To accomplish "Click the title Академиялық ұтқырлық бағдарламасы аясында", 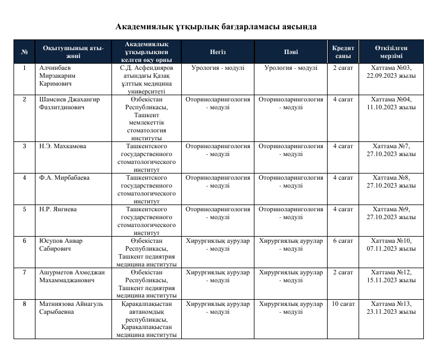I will tap(216, 26).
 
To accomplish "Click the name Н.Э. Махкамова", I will tap(62, 146).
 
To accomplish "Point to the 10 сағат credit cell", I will tap(343, 304).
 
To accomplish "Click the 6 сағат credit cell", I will tap(343, 241).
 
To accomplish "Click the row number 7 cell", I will tap(24, 273).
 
